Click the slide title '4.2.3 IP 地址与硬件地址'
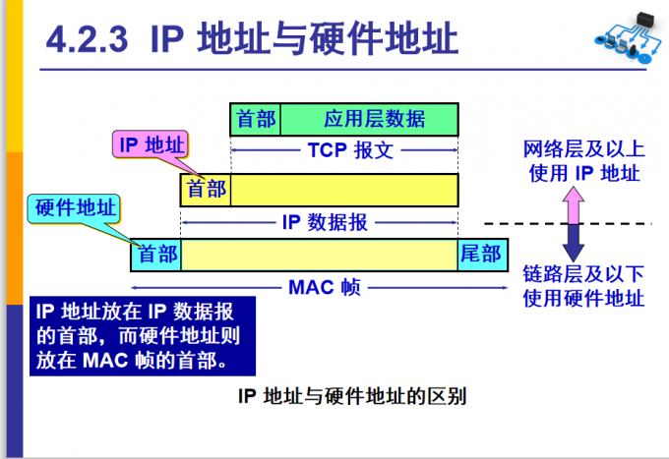coord(253,41)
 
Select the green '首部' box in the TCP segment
coord(256,120)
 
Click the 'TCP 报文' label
coord(344,152)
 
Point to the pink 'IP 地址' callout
coord(151,145)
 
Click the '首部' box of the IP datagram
coord(206,189)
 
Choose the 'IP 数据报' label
coord(325,222)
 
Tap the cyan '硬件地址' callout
coord(76,209)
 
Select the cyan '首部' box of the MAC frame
coord(156,255)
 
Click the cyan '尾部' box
coord(483,255)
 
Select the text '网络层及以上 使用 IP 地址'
coord(582,161)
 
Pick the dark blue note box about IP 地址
coord(143,334)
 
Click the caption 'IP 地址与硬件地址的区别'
coord(351,397)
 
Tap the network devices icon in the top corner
coord(625,39)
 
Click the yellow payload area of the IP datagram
coord(344,189)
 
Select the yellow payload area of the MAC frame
coord(319,255)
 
